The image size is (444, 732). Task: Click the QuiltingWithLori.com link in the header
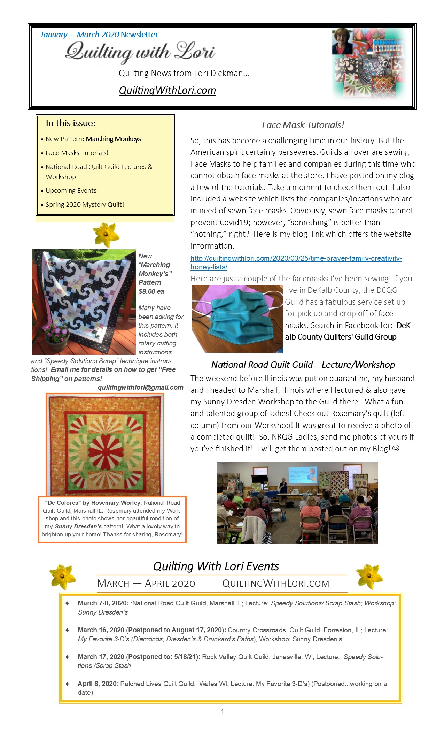tap(167, 90)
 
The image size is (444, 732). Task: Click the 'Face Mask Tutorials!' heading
tap(303, 125)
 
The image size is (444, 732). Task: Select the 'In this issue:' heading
tap(71, 123)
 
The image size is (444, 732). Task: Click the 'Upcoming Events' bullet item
tap(71, 191)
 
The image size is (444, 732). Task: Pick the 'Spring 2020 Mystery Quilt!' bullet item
tap(85, 205)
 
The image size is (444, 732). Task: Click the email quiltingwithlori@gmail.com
tap(140, 387)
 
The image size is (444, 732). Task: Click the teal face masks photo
tap(237, 318)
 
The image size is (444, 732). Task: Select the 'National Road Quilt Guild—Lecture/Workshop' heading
tap(303, 365)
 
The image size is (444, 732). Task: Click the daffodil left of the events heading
tap(62, 577)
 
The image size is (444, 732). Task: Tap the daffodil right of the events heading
tap(369, 577)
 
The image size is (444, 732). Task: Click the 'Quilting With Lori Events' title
tap(216, 566)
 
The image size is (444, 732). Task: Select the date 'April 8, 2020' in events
tap(98, 684)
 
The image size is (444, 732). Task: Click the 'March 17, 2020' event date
tap(101, 657)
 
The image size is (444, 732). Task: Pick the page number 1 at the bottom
tap(222, 711)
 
